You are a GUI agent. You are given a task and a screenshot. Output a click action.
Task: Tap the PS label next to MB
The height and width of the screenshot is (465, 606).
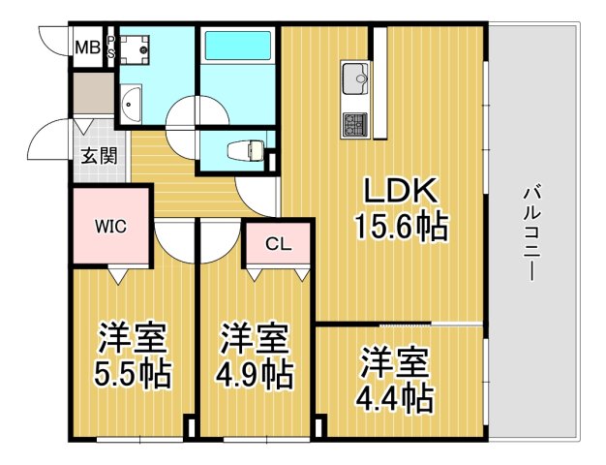(x=110, y=46)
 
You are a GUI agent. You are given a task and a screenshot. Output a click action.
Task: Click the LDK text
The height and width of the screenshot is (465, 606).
(x=402, y=189)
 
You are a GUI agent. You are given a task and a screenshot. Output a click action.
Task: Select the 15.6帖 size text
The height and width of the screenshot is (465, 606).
(x=402, y=228)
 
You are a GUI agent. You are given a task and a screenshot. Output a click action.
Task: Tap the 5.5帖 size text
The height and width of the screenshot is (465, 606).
(x=133, y=374)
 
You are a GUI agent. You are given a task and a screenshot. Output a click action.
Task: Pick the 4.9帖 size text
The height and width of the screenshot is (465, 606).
(x=255, y=374)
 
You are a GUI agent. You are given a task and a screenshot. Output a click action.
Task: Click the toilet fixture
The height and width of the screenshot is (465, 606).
(x=242, y=150)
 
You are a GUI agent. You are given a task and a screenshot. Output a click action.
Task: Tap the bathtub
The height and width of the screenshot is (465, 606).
(x=237, y=48)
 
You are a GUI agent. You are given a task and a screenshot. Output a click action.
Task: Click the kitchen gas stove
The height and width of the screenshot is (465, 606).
(x=353, y=123)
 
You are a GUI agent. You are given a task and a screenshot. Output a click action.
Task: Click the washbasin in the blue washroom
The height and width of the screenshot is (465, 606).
(x=131, y=101)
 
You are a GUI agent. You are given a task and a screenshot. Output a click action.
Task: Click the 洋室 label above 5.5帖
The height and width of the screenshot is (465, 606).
(x=133, y=340)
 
